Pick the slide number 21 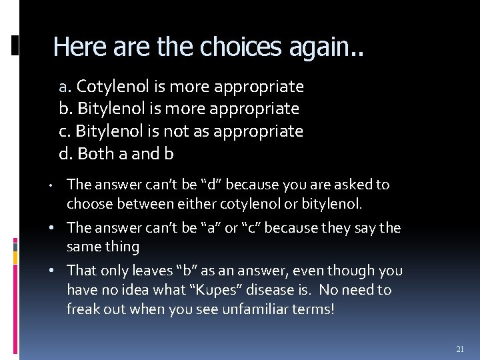click(x=460, y=349)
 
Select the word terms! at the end click(x=312, y=309)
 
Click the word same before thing click(x=84, y=247)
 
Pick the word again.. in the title click(x=327, y=47)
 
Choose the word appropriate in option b click(x=262, y=109)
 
